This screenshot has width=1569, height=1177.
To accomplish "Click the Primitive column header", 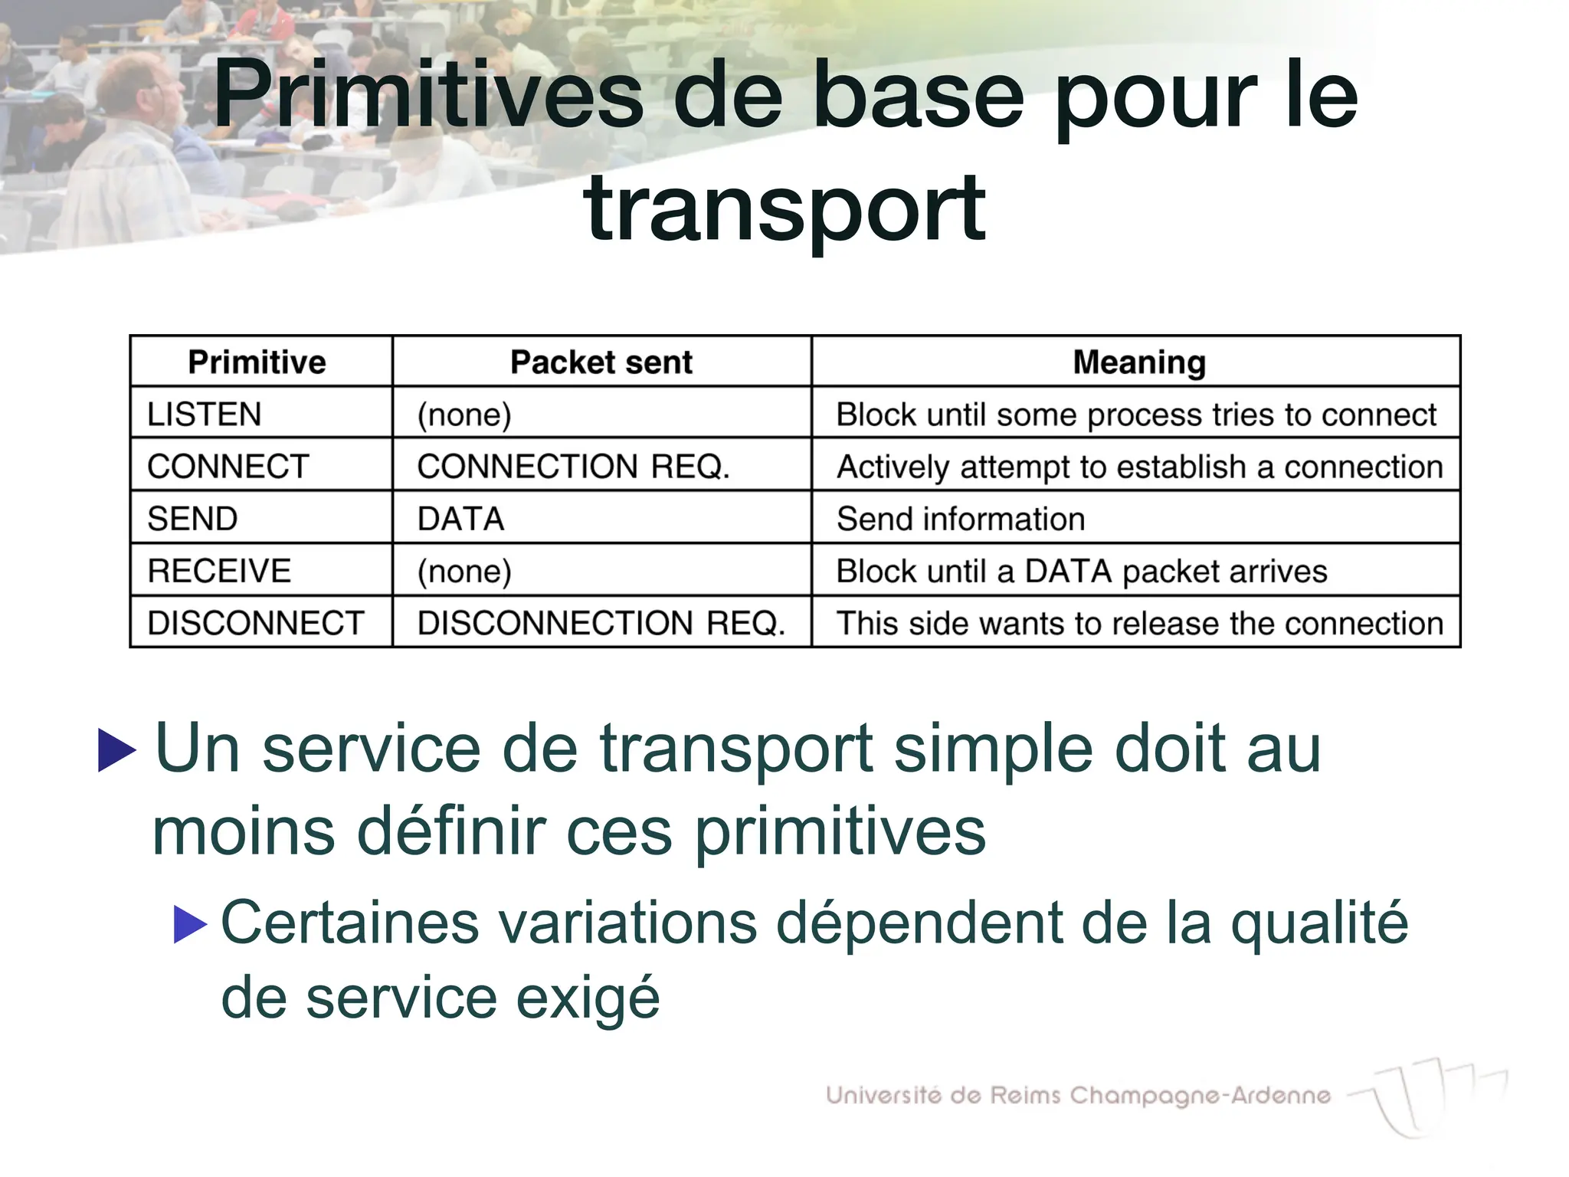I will coord(257,362).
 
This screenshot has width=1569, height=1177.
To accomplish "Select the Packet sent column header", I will coord(601,362).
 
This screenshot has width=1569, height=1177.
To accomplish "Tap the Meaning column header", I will coord(1139,362).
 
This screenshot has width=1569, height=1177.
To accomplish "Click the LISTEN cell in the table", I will coord(205,415).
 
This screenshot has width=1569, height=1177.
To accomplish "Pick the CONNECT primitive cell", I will coord(228,467).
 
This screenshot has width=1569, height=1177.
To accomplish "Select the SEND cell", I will coord(192,519).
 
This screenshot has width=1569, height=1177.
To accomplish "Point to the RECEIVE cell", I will coord(219,571).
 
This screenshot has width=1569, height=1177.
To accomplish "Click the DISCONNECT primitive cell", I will coord(255,623).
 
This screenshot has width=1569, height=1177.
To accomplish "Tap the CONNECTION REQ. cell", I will coord(573,467).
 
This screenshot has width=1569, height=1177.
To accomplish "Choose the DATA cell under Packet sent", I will coord(461,519).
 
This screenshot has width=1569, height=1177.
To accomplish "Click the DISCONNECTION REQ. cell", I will coord(601,623).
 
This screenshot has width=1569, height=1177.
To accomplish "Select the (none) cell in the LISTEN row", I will coord(464,415).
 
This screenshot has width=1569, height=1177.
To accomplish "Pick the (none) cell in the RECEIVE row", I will coord(464,571).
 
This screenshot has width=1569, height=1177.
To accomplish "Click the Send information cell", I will coord(961,519).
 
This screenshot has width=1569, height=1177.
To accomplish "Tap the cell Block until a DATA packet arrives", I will coord(1082,571).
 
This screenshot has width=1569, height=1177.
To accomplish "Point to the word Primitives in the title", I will coord(429,96).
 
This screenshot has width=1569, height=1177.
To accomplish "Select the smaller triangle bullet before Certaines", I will coord(190,924).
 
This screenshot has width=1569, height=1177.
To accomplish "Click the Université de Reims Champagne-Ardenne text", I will coord(1078,1095).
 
